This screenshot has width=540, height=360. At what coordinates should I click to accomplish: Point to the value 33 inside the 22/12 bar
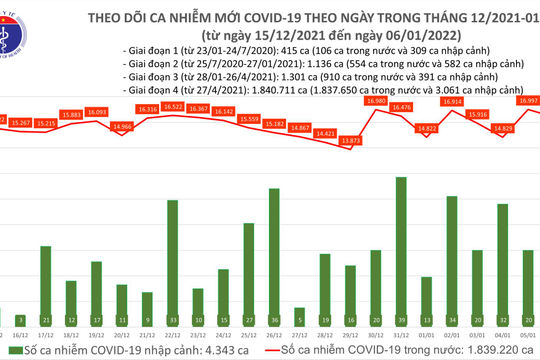pos(172,308)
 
